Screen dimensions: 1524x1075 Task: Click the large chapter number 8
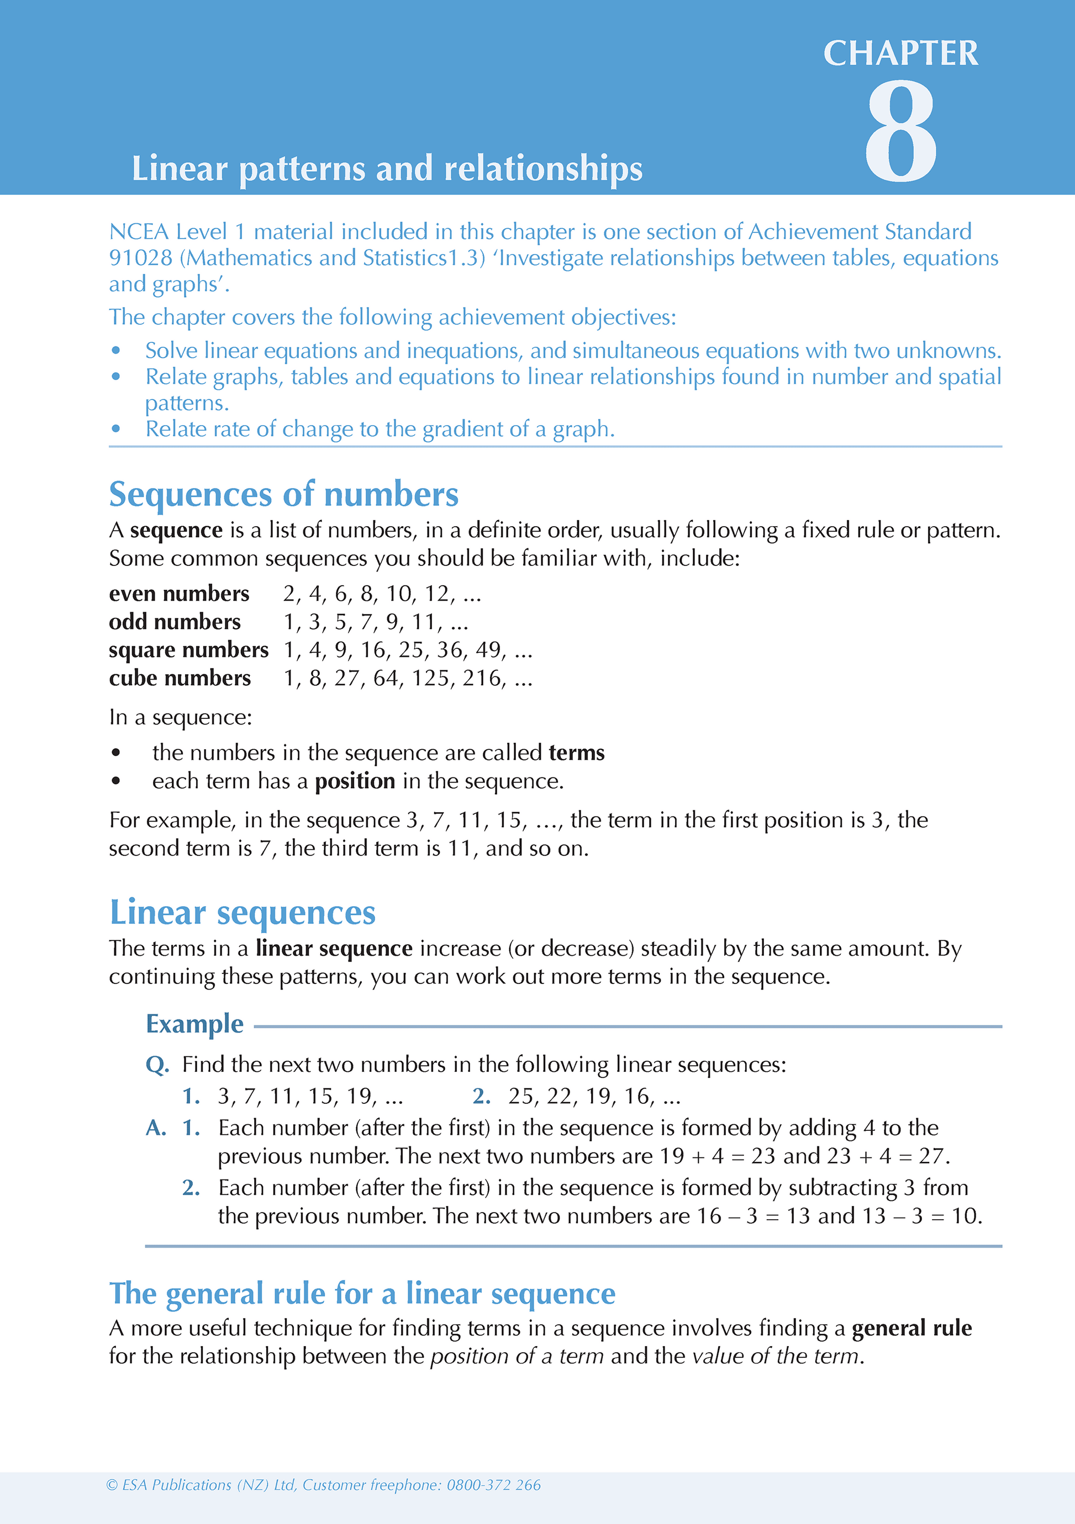(900, 131)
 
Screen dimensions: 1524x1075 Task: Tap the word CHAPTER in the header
(900, 53)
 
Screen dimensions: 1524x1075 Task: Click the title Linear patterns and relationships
(387, 168)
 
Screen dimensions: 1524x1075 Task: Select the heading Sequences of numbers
(283, 495)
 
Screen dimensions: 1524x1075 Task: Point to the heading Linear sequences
(243, 913)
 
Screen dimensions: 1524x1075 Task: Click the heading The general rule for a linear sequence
(362, 1294)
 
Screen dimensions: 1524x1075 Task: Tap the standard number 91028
(140, 257)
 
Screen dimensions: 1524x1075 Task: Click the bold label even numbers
(178, 594)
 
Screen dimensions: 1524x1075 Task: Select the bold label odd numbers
(175, 622)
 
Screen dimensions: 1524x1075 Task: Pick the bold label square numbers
(188, 650)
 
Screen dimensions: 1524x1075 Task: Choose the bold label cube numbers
(180, 679)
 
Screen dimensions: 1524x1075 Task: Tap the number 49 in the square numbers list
(488, 650)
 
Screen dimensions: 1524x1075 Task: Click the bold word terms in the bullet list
(576, 753)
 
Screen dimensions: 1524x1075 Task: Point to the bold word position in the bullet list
(355, 781)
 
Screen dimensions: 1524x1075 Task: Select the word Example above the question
(194, 1024)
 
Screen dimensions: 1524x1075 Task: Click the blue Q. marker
(157, 1065)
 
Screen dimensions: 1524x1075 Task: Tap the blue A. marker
(156, 1128)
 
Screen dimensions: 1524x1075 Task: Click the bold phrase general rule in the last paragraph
(911, 1328)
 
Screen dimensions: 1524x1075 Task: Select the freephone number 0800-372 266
(493, 1485)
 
